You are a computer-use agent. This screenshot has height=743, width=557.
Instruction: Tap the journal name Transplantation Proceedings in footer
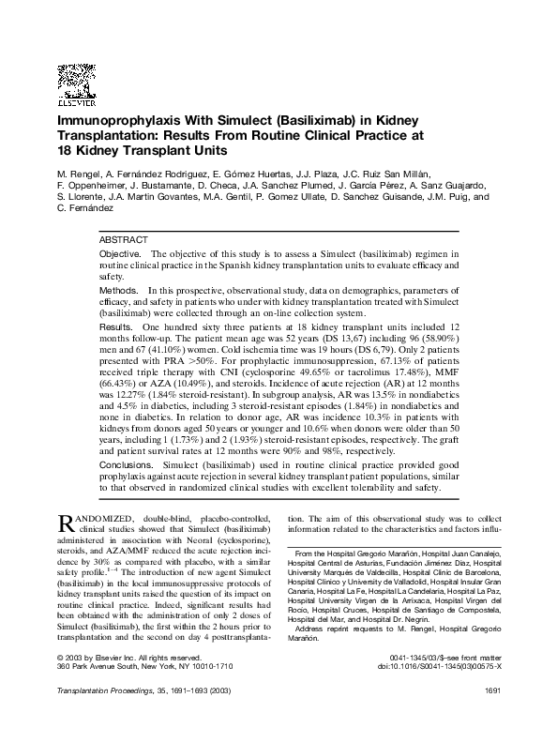[110, 717]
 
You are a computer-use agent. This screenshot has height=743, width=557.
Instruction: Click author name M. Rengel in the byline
[79, 173]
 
